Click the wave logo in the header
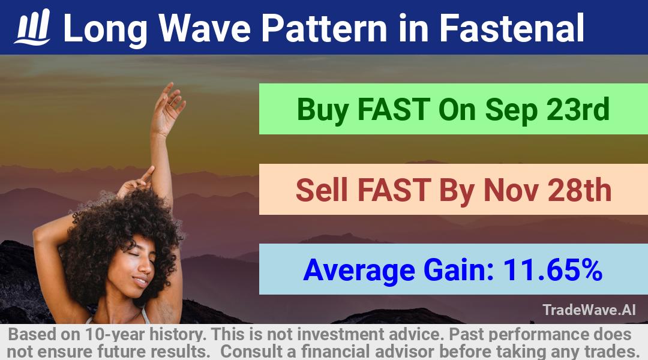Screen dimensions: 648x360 point(32,27)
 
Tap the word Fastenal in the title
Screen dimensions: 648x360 point(512,28)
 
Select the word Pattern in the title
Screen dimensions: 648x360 point(324,28)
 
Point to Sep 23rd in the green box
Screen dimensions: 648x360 point(547,110)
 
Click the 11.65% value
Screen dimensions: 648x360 point(552,269)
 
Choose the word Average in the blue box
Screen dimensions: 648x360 point(359,271)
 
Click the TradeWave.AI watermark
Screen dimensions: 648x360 point(589,310)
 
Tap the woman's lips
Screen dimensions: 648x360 point(140,282)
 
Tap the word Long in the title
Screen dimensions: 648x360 point(105,29)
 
